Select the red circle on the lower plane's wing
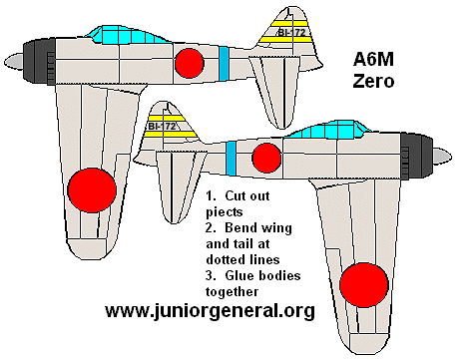click(x=365, y=283)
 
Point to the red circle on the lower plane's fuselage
click(x=266, y=158)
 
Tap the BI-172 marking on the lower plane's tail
click(x=162, y=127)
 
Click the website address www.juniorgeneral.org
click(x=210, y=310)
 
